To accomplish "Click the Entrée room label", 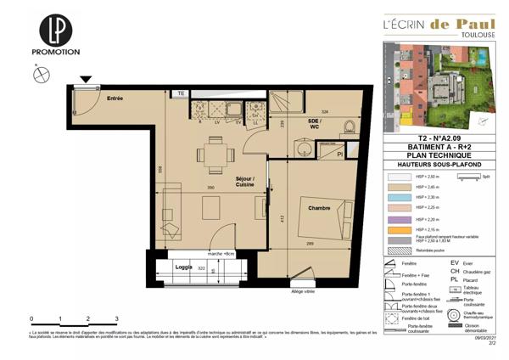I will pyautogui.click(x=115, y=99).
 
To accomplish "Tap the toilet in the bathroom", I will pyautogui.click(x=349, y=127).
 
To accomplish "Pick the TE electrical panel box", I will pyautogui.click(x=181, y=93).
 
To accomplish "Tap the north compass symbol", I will pyautogui.click(x=38, y=75).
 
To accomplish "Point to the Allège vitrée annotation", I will pyautogui.click(x=302, y=291).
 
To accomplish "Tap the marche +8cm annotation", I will pyautogui.click(x=221, y=253).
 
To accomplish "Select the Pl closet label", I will pyautogui.click(x=340, y=155).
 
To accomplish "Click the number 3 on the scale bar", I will pyautogui.click(x=116, y=317).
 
